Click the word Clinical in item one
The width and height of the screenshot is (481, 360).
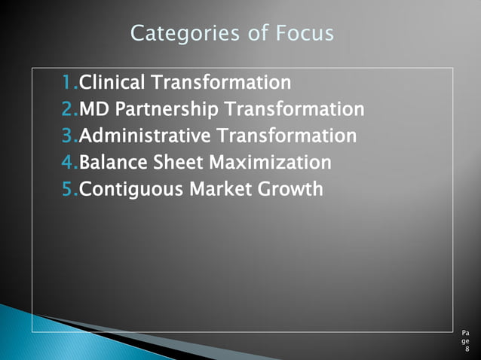(x=113, y=82)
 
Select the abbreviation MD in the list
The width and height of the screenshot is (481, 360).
(x=94, y=109)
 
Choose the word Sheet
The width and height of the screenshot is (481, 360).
(x=179, y=162)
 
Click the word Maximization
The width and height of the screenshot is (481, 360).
(x=269, y=162)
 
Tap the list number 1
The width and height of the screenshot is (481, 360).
(x=68, y=82)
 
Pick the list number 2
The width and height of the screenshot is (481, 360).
(x=68, y=109)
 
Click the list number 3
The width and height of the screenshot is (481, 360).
(x=68, y=136)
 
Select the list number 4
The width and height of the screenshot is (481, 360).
(x=68, y=162)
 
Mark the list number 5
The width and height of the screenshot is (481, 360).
(x=68, y=188)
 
